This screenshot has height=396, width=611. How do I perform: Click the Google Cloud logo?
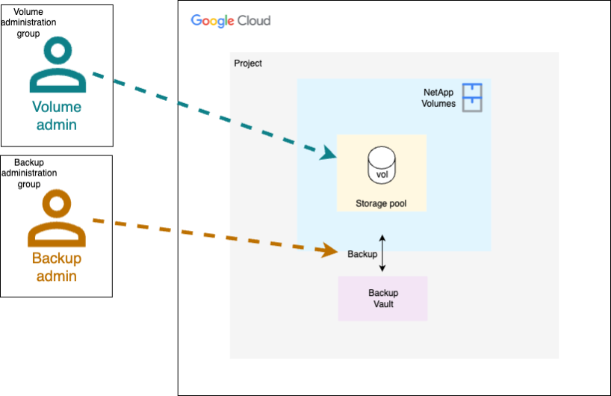pos(230,21)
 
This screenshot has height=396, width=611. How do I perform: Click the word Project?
pos(248,64)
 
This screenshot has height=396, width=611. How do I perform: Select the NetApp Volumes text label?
pos(439,98)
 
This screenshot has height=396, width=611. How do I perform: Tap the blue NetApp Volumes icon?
pos(471,97)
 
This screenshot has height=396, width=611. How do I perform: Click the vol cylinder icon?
pos(382,165)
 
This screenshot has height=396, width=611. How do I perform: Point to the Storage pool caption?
pos(381,203)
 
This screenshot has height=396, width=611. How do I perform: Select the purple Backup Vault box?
pos(382,298)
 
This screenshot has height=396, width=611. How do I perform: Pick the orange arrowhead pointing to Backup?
pos(330,251)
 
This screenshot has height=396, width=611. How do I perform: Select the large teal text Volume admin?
pos(57,116)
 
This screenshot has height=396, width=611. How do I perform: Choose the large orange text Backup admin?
pos(57,267)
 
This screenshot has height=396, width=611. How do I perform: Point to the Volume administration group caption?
pos(29,22)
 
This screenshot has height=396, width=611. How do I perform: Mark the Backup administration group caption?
pos(29,173)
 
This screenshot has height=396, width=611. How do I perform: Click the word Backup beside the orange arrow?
pos(362,254)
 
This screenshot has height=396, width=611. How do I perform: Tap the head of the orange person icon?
pos(57,203)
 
